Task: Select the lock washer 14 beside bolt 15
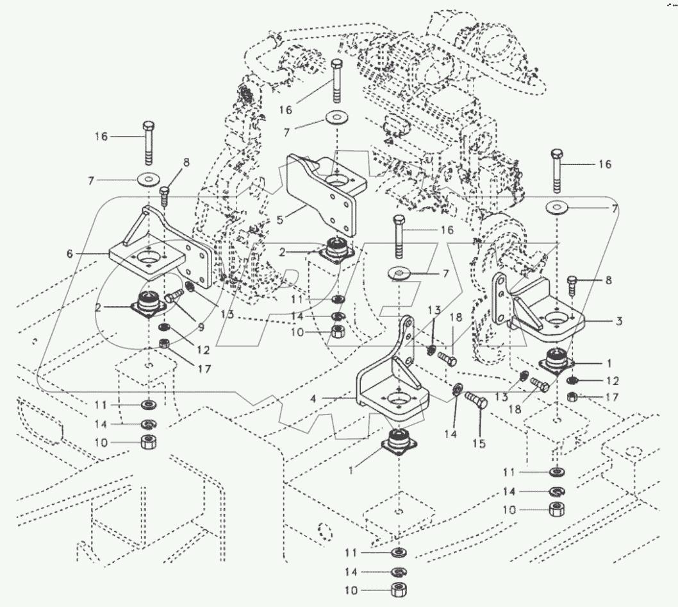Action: (x=456, y=389)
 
